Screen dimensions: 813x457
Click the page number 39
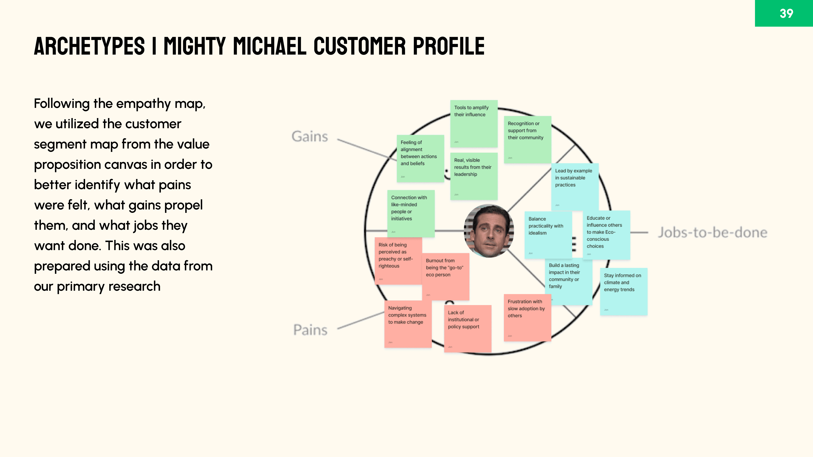pos(786,13)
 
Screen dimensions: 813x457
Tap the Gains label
pos(310,136)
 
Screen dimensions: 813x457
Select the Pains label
pos(310,330)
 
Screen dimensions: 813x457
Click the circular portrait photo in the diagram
pos(489,231)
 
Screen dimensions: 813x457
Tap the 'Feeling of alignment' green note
pos(420,158)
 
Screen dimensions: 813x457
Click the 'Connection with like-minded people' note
pos(411,213)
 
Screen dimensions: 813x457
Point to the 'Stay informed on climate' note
pos(623,291)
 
